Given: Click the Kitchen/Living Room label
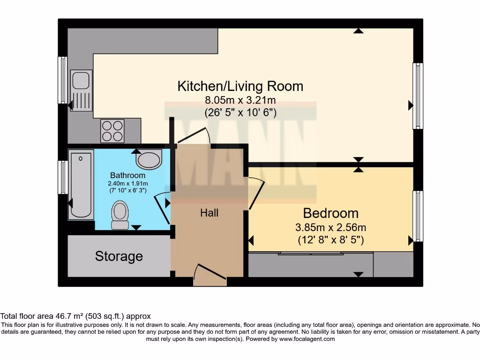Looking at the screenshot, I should pyautogui.click(x=240, y=86).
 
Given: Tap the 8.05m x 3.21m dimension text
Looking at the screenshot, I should pyautogui.click(x=240, y=100).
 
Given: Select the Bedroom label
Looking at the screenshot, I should pyautogui.click(x=330, y=213).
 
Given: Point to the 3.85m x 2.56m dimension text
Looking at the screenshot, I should pyautogui.click(x=330, y=228).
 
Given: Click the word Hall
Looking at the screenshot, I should pyautogui.click(x=209, y=213).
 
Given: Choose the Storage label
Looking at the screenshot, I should pyautogui.click(x=119, y=256).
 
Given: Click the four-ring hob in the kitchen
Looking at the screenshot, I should pyautogui.click(x=113, y=130).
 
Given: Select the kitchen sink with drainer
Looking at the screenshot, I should pyautogui.click(x=80, y=90).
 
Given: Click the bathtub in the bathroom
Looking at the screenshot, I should pyautogui.click(x=81, y=184).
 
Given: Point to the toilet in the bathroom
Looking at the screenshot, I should pyautogui.click(x=120, y=215).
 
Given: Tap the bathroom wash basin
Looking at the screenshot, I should pyautogui.click(x=149, y=160).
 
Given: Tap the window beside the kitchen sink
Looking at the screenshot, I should pyautogui.click(x=62, y=80).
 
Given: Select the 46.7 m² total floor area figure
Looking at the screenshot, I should pyautogui.click(x=60, y=316).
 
